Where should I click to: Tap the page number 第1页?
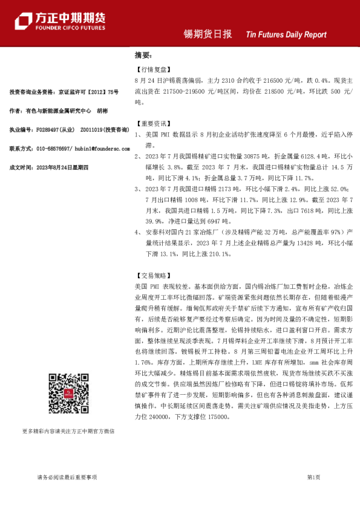point(313,478)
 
